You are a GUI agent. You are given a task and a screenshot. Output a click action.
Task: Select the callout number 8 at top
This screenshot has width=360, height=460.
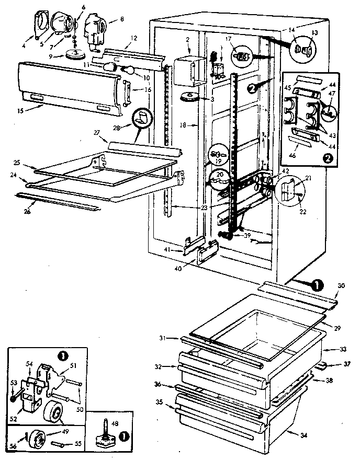coord(122,20)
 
